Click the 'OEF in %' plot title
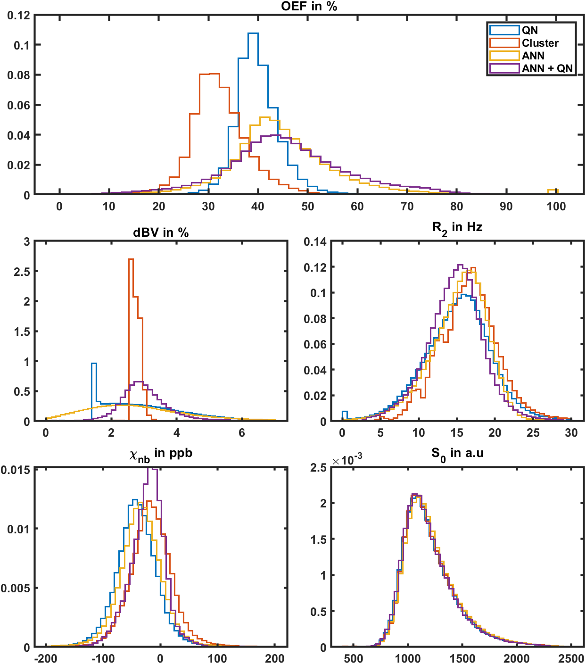tap(309, 6)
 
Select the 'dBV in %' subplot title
tap(161, 232)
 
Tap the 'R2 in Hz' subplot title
tap(457, 228)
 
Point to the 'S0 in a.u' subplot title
tap(457, 454)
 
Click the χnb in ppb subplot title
tap(161, 454)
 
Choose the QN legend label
tap(529, 30)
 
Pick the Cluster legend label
tap(540, 43)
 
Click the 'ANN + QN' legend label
tap(547, 68)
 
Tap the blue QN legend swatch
tap(504, 30)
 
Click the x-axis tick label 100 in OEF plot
tap(556, 207)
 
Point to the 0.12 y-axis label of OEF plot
tap(18, 15)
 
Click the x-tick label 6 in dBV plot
tap(242, 433)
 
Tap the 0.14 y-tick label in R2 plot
tap(315, 242)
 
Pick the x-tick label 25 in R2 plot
tap(533, 433)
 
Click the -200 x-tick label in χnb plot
tap(46, 659)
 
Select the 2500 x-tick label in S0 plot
tap(571, 659)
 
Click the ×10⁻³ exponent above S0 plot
tap(347, 460)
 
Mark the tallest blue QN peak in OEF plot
tap(253, 33)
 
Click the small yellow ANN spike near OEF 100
tap(553, 190)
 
